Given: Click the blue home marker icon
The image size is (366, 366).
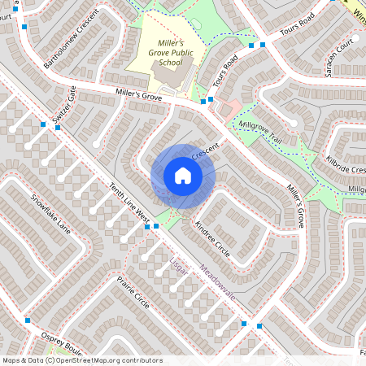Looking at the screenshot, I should tap(183, 176).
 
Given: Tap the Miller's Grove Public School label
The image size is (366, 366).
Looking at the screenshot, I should tap(159, 53).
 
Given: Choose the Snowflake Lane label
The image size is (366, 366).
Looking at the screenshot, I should tap(51, 214).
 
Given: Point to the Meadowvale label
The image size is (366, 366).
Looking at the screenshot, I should tap(217, 281).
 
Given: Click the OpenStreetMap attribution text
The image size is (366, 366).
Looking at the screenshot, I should tap(81, 360).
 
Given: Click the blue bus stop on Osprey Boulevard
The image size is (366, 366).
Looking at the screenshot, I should tap(28, 320).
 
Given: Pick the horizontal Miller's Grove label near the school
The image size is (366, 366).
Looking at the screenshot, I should tap(139, 96).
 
